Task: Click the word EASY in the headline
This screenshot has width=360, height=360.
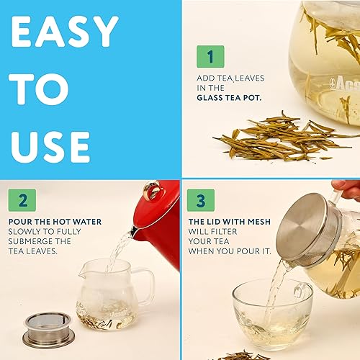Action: click(x=65, y=31)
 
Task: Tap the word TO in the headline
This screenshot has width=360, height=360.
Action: click(x=39, y=89)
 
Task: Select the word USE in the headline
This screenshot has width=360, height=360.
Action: click(x=50, y=147)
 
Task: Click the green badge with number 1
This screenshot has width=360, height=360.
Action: click(x=210, y=56)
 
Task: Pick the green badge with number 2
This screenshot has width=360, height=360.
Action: click(x=22, y=200)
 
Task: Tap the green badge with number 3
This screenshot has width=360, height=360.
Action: click(x=201, y=200)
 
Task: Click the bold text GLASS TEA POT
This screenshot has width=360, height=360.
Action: click(x=229, y=98)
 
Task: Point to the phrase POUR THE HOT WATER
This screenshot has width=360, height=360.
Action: click(x=55, y=222)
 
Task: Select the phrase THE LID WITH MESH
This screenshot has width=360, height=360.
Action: click(x=230, y=222)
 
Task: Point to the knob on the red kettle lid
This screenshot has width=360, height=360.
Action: click(x=152, y=189)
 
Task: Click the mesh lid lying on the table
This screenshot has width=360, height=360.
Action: click(x=49, y=330)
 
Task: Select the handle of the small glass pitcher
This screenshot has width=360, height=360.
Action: click(x=146, y=287)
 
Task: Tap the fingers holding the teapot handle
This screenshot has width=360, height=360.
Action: click(x=347, y=189)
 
